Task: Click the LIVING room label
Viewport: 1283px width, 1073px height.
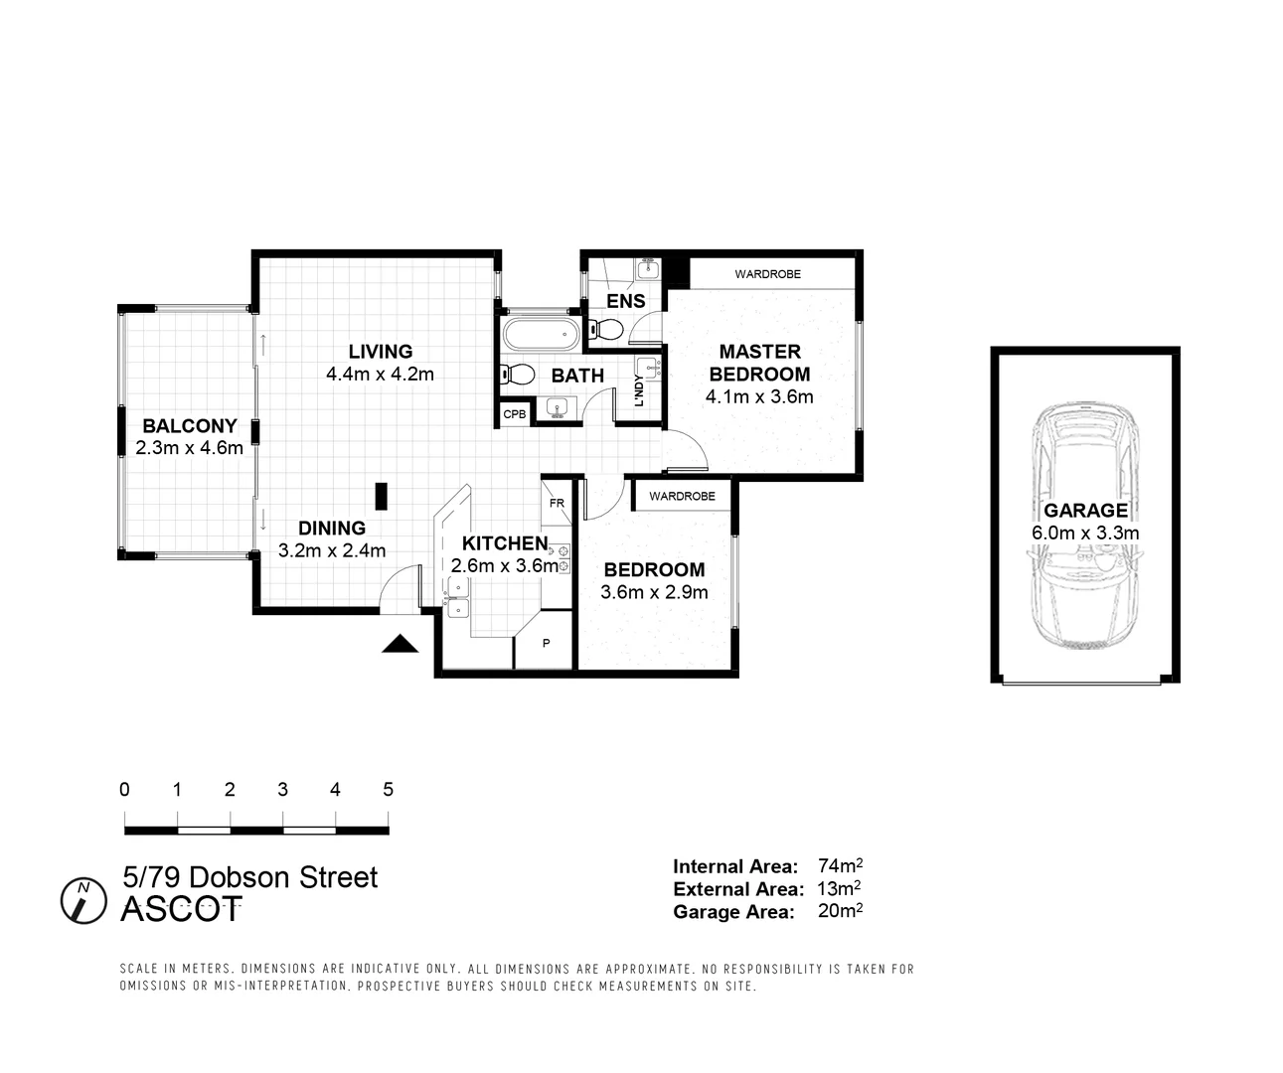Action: (x=380, y=352)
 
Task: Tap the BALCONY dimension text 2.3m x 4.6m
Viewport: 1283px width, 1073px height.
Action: (x=189, y=448)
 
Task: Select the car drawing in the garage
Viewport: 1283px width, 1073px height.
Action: (x=1084, y=526)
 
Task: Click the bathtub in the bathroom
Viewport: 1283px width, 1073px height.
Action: (x=540, y=334)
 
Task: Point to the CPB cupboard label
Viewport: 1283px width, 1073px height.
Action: (x=514, y=414)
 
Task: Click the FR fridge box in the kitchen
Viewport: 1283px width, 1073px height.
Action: (x=557, y=503)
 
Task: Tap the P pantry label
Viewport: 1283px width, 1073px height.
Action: (x=546, y=644)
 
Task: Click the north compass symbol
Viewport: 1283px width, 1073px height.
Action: (x=83, y=900)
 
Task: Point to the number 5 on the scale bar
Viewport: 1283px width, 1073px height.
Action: (x=388, y=790)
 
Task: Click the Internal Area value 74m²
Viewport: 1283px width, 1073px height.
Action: (x=840, y=865)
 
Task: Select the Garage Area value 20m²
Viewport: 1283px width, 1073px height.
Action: (x=840, y=911)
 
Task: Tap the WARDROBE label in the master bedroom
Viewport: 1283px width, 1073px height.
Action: (x=767, y=274)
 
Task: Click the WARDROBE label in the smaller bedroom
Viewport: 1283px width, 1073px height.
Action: (x=682, y=496)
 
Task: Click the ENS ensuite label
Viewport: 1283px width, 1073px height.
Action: (x=626, y=301)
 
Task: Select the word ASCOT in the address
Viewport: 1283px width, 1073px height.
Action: (x=181, y=910)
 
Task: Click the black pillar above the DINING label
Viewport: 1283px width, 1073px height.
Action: (x=381, y=495)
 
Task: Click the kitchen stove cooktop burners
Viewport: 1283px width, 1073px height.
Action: (x=563, y=558)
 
